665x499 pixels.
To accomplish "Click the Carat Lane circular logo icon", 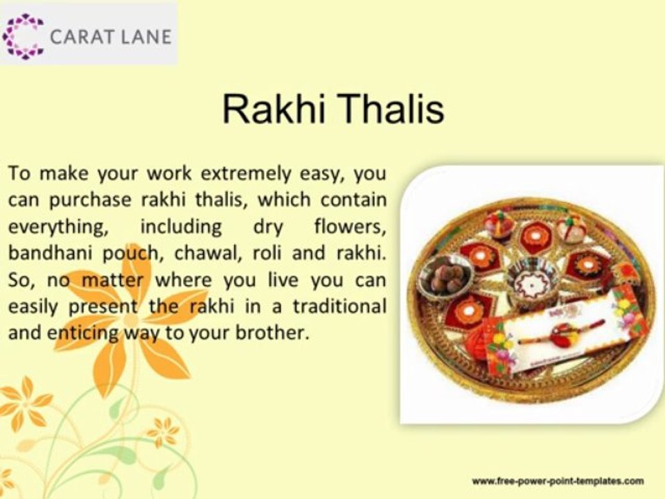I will pyautogui.click(x=24, y=36).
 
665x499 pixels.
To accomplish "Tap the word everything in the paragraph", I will pyautogui.click(x=46, y=227).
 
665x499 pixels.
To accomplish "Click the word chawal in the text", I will pyautogui.click(x=200, y=252).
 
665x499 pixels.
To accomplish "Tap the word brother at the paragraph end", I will pyautogui.click(x=273, y=331).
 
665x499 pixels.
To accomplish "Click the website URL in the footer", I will pyautogui.click(x=558, y=480).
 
